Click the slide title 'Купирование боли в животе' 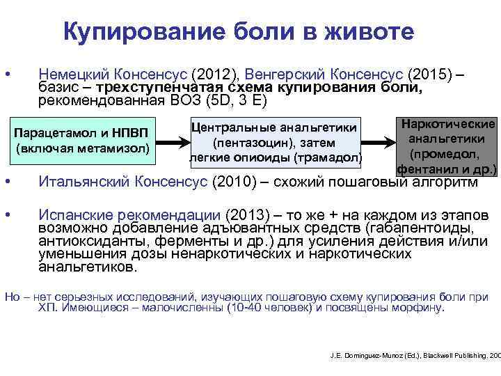(x=238, y=31)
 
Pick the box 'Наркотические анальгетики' (x=445, y=145)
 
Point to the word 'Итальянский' (x=84, y=182)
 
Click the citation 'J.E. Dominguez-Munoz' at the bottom (x=363, y=355)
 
